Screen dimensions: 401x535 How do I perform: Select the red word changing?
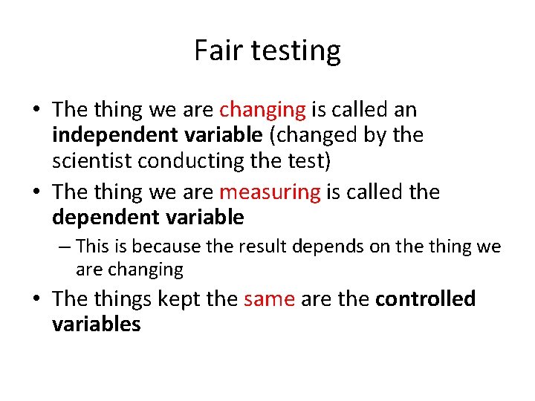tap(262, 111)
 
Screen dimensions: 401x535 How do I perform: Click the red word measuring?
tap(270, 193)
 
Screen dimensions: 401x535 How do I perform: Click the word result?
tap(271, 246)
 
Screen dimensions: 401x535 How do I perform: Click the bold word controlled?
tap(426, 299)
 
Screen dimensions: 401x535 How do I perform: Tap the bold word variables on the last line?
tap(97, 325)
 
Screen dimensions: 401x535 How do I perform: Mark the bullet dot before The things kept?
tap(36, 299)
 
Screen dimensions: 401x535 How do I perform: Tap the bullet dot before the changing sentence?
tap(36, 111)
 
